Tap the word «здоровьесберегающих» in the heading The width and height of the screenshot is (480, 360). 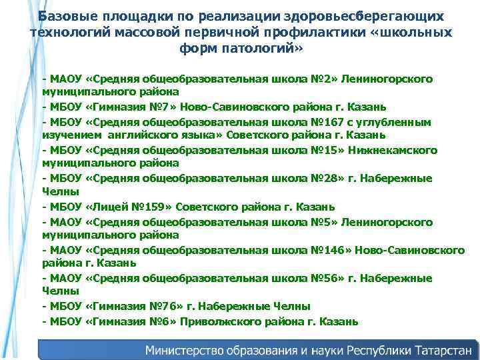click(360, 15)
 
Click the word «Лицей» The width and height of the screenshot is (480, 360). click(111, 207)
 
